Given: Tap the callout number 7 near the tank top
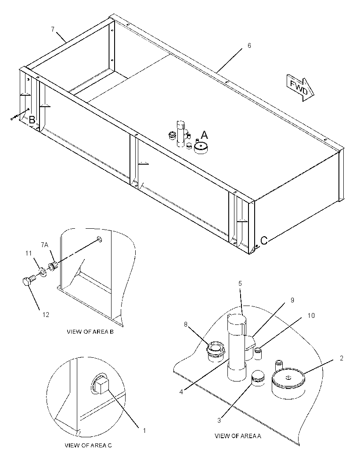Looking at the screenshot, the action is click(x=53, y=29).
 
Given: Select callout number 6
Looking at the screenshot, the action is click(x=249, y=45).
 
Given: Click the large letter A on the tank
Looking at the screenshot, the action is click(x=204, y=135).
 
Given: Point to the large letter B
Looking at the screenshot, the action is click(x=32, y=120).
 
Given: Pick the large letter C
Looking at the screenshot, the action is click(x=264, y=241).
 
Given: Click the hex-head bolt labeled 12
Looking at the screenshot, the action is click(x=29, y=281).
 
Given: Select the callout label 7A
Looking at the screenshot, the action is click(x=44, y=245).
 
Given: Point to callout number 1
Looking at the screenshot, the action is click(x=144, y=430).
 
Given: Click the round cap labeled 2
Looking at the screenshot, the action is click(x=288, y=384).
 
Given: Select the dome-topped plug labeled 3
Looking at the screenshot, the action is click(x=258, y=378).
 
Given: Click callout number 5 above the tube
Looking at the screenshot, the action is click(x=240, y=284).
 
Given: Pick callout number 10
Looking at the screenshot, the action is click(x=311, y=316).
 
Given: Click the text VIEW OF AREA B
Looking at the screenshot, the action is click(x=90, y=331).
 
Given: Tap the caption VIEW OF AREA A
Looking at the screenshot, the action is click(x=238, y=436).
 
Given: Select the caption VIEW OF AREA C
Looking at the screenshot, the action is click(x=88, y=445).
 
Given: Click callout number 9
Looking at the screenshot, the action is click(x=292, y=300).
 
